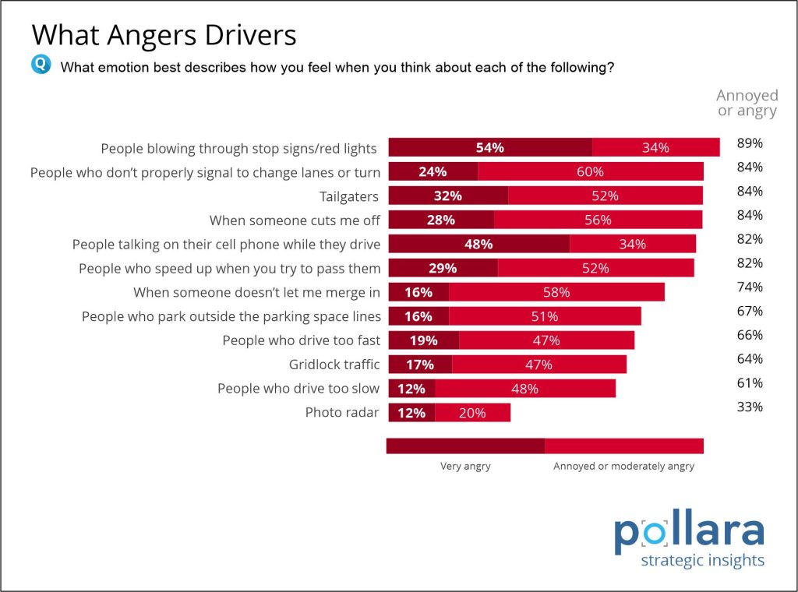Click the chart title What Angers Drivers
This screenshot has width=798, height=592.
(164, 35)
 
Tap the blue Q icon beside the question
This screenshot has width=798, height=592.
(41, 65)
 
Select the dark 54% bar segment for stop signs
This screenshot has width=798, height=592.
(490, 148)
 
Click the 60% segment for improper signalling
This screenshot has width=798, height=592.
(590, 172)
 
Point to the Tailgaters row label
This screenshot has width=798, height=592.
(349, 196)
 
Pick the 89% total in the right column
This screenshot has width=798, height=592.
(749, 143)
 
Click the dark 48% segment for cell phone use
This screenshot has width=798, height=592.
(478, 245)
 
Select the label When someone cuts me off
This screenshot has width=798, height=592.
(295, 220)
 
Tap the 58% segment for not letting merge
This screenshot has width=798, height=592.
(556, 293)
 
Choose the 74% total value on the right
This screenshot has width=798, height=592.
(749, 287)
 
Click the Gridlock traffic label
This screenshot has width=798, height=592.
(334, 365)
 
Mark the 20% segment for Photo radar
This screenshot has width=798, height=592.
(472, 413)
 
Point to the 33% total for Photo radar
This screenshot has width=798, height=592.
(749, 407)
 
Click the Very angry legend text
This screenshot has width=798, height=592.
(465, 467)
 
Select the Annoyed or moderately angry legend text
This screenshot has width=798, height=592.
(623, 467)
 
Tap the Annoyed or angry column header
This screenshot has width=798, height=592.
(747, 103)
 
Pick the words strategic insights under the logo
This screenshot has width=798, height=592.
(701, 561)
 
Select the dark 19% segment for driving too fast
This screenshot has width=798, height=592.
(423, 340)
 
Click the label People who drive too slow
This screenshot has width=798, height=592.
(298, 389)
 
